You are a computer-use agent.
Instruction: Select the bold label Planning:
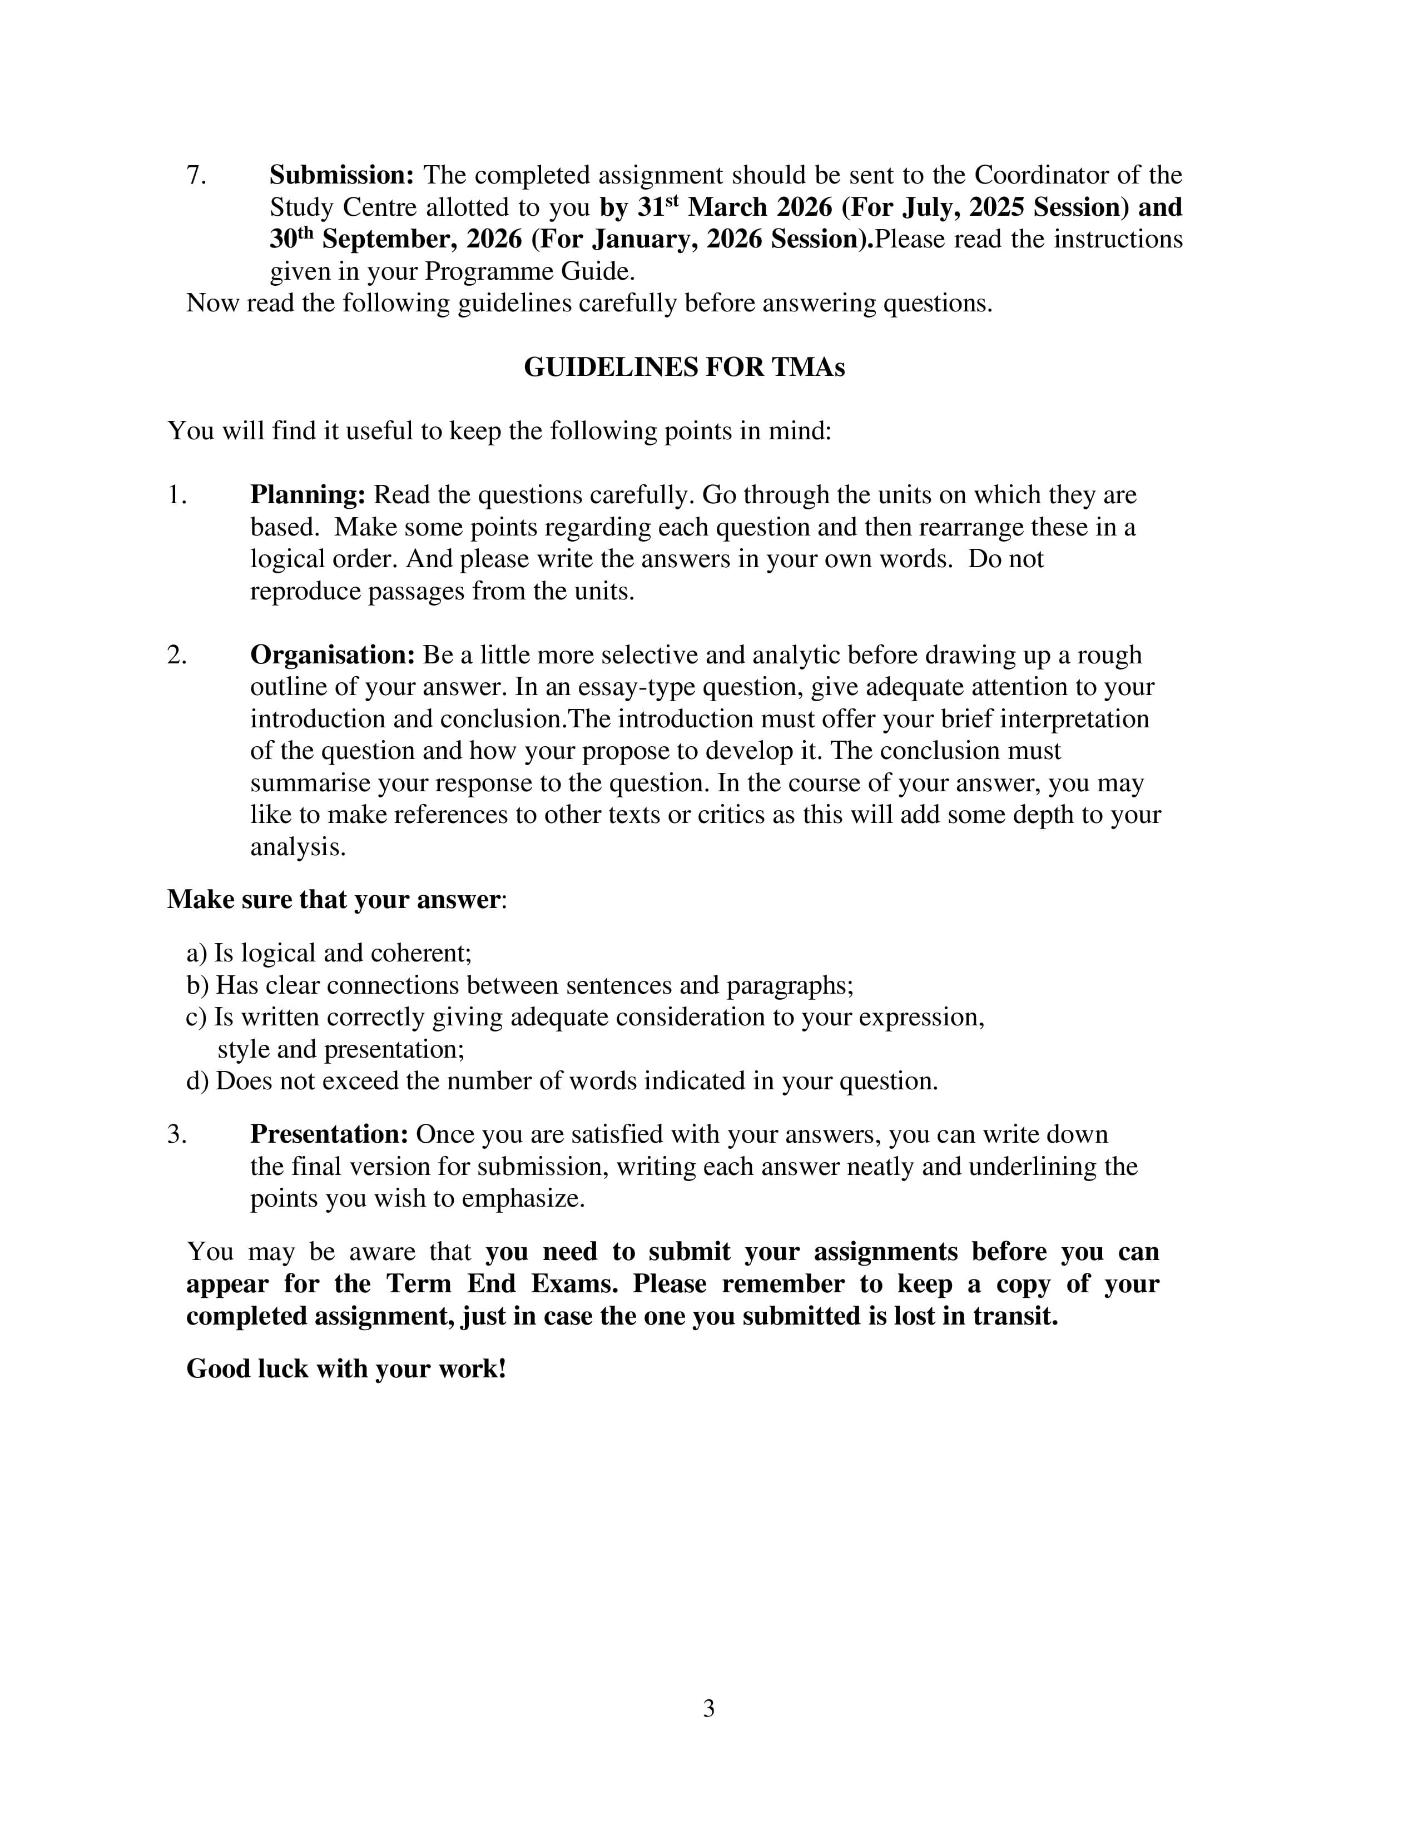308,495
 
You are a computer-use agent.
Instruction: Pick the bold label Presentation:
329,1134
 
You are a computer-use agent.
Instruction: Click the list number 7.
196,176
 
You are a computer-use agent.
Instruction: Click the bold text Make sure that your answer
334,899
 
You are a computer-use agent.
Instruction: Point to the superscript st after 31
671,202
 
